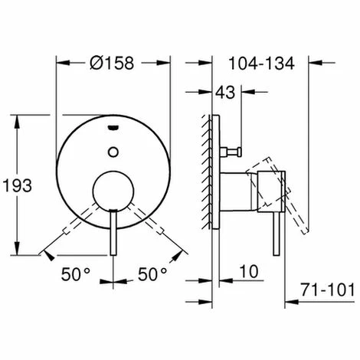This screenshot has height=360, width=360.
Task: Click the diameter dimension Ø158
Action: pyautogui.click(x=113, y=64)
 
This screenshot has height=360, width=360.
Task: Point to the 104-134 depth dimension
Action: pyautogui.click(x=260, y=64)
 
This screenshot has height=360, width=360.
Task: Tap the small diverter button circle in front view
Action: pyautogui.click(x=113, y=150)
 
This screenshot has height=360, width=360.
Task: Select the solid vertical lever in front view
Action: pyautogui.click(x=113, y=234)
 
